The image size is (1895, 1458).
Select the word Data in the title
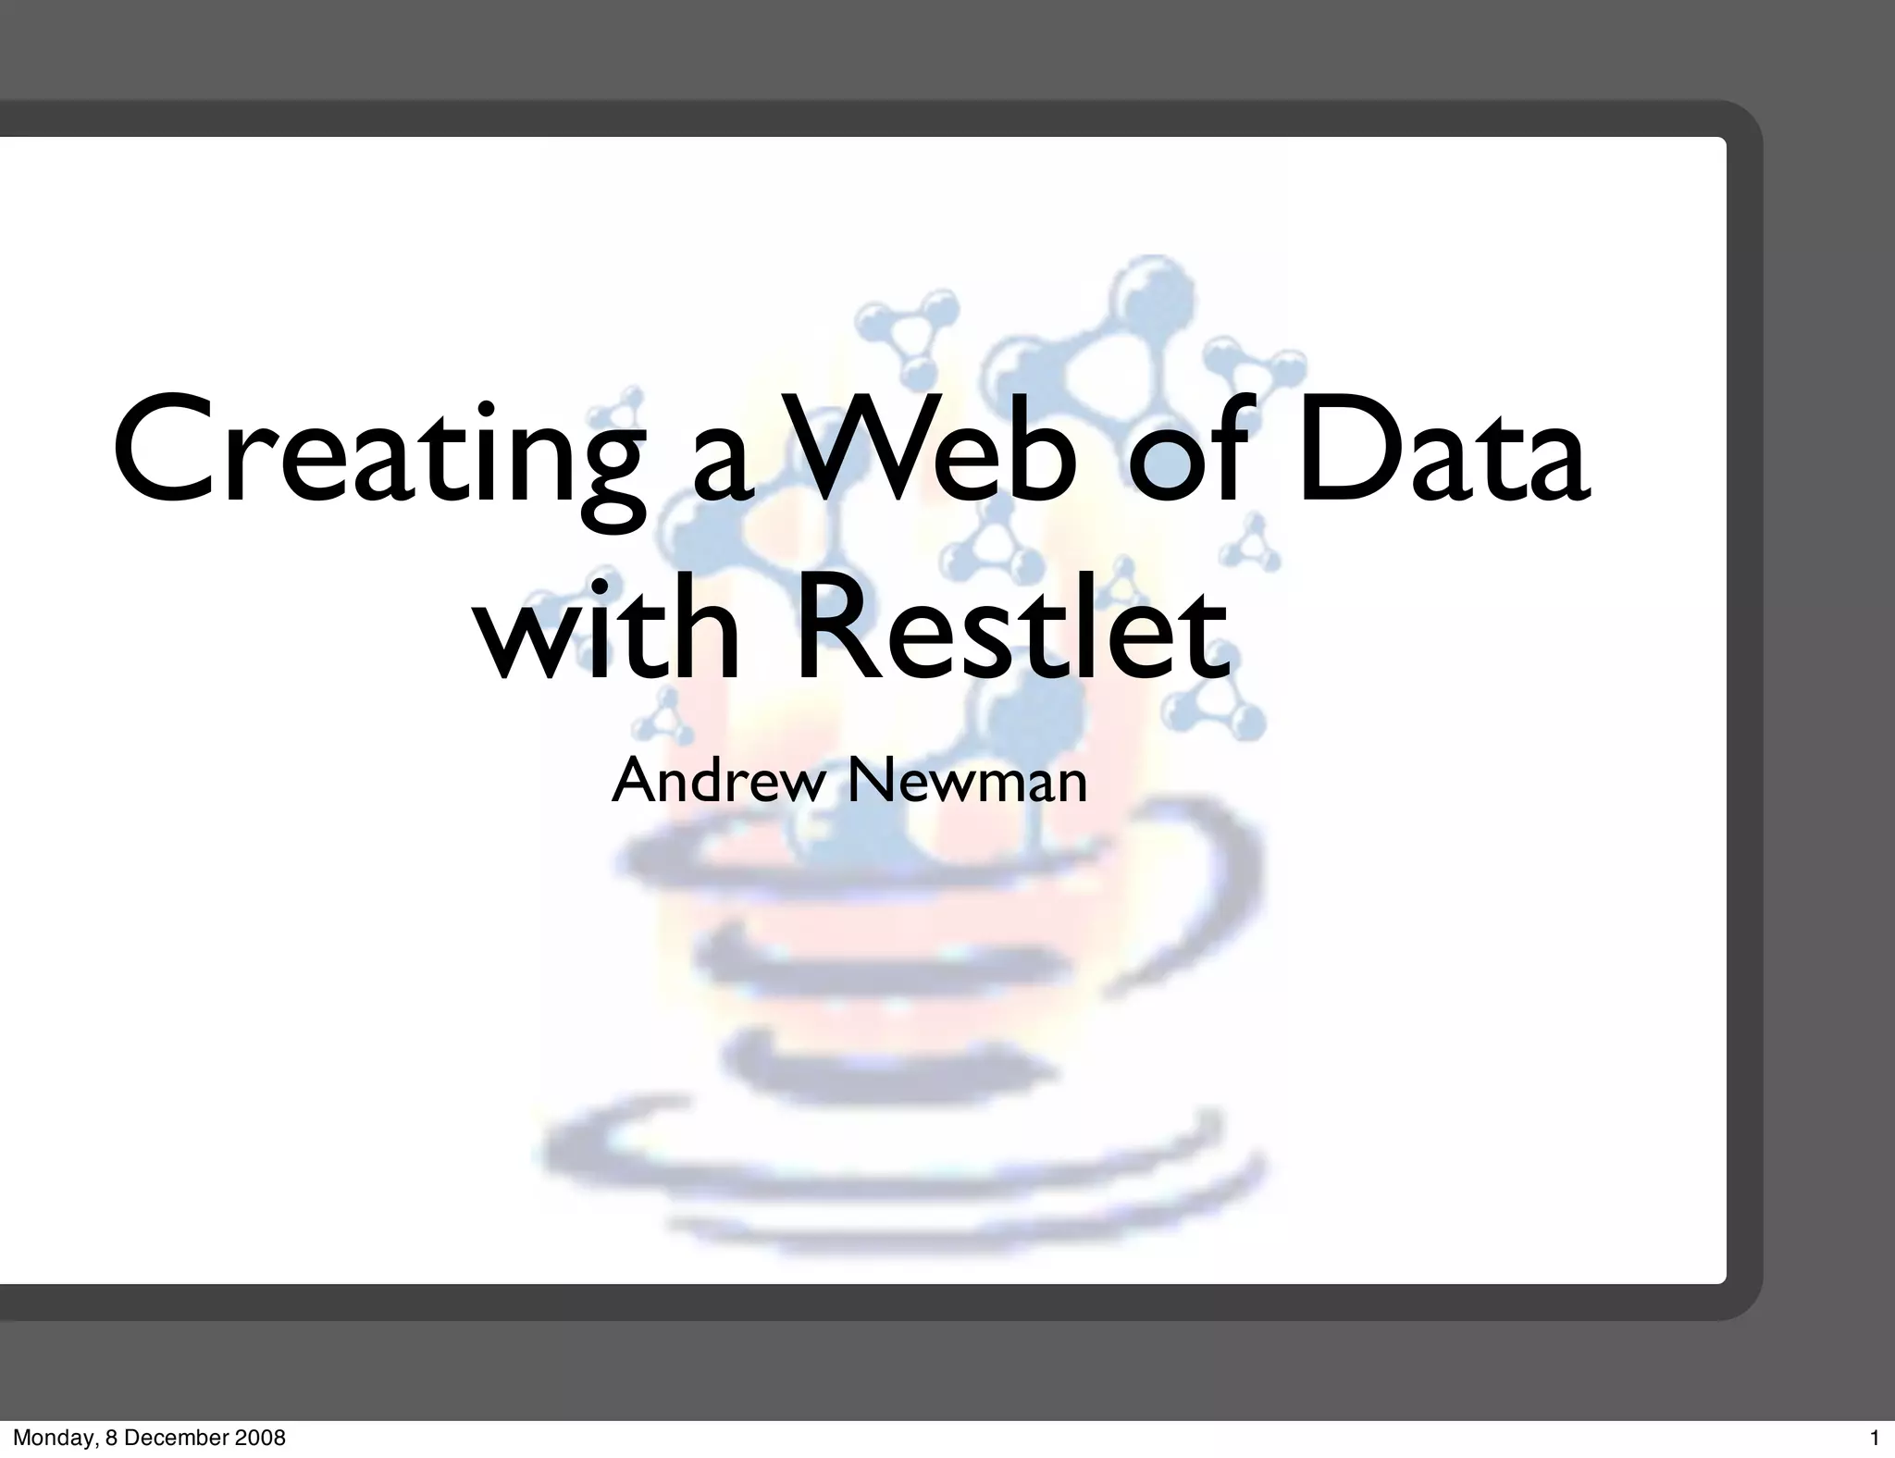coord(1443,453)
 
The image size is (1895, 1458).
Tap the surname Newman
coord(967,781)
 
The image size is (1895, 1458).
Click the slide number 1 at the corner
coord(1875,1439)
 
